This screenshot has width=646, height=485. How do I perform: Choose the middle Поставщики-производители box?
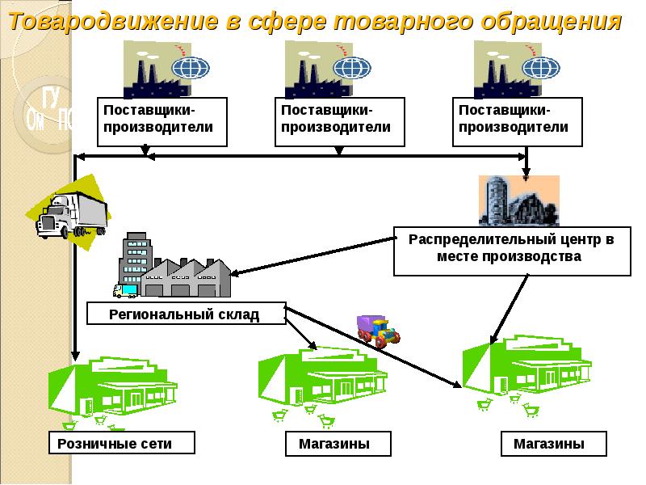[340, 121]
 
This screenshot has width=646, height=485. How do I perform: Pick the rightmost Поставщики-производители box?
[518, 121]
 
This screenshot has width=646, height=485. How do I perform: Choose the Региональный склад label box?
[186, 314]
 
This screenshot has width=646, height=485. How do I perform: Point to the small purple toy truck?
[378, 329]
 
